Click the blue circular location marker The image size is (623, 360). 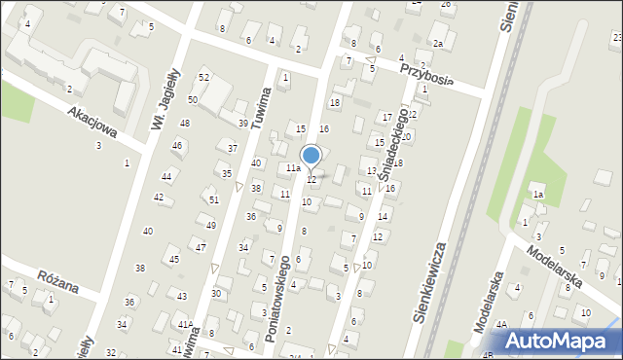click(311, 155)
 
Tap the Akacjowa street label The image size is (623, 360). click(92, 124)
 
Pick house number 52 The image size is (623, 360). click(204, 77)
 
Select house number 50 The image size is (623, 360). click(193, 100)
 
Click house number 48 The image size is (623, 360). click(184, 124)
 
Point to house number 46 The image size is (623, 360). click(176, 146)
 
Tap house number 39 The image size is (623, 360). click(243, 124)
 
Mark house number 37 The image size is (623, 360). click(233, 148)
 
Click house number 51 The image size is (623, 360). click(214, 199)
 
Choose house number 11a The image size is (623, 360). click(292, 168)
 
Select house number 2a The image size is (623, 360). click(438, 44)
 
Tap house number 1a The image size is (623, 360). click(537, 195)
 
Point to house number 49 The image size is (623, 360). click(210, 225)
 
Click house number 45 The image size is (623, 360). click(174, 260)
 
